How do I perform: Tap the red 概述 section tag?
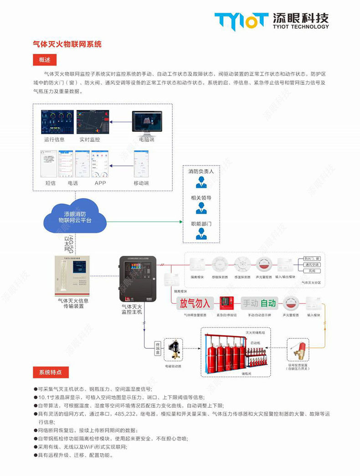pyautogui.click(x=44, y=60)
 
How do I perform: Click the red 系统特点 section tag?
pyautogui.click(x=51, y=372)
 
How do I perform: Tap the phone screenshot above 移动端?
pyautogui.click(x=141, y=165)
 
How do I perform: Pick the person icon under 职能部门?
pyautogui.click(x=201, y=234)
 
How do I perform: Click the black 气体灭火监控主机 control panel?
pyautogui.click(x=138, y=280)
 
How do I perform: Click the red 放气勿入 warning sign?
pyautogui.click(x=195, y=303)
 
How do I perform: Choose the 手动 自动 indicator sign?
pyautogui.click(x=259, y=303)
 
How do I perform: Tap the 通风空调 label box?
pyautogui.click(x=312, y=264)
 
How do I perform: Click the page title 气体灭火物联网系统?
pyautogui.click(x=67, y=44)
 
